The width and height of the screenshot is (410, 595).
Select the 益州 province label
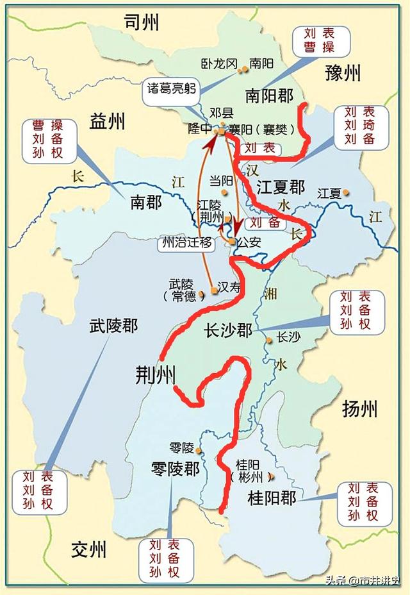(108, 121)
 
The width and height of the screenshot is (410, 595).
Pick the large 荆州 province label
(155, 374)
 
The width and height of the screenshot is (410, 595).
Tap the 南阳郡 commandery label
(269, 96)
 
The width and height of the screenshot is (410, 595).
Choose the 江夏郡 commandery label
(281, 187)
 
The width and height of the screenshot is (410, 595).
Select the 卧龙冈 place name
(218, 63)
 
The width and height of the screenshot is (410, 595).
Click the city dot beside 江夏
(346, 192)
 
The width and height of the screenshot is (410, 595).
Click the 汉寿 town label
(229, 288)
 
